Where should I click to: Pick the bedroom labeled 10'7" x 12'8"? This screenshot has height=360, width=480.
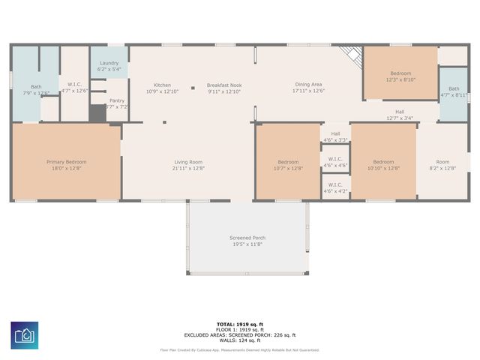tap(289, 165)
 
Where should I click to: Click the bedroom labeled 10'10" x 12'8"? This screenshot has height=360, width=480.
tap(383, 165)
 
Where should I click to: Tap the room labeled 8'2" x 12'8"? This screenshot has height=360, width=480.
tap(442, 165)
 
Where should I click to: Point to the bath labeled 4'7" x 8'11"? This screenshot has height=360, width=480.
tap(454, 92)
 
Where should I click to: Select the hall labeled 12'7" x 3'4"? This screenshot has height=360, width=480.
tap(400, 115)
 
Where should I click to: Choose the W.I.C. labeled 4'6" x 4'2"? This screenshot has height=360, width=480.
tap(335, 187)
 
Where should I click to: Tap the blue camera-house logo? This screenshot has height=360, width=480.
tap(25, 335)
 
